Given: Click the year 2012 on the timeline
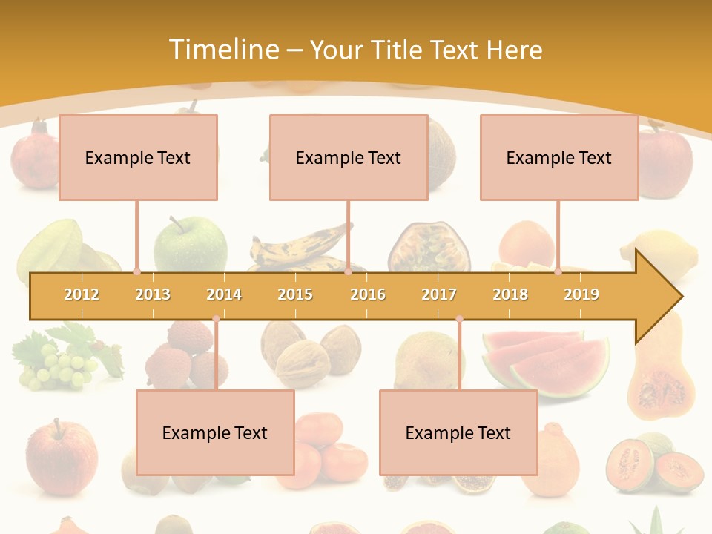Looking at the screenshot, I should [82, 294].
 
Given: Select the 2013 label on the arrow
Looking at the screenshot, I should [153, 294].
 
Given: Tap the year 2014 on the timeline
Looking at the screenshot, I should [224, 294].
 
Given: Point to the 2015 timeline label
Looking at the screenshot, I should [295, 294].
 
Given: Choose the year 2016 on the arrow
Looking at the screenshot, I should [368, 294].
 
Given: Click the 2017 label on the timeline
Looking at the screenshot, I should [439, 294].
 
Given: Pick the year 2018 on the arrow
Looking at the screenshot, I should [510, 294].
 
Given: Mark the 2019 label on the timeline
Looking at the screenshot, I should [581, 294].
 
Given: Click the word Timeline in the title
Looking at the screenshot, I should [223, 50].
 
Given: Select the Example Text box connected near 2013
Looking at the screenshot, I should [138, 157].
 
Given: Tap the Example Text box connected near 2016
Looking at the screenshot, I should [349, 157].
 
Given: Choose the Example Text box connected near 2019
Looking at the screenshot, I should [559, 157].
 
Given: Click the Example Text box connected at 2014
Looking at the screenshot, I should [215, 432].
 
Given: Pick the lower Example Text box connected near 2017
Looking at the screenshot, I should [458, 432].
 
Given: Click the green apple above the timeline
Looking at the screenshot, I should [190, 243].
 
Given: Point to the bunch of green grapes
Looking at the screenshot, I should [56, 367].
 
